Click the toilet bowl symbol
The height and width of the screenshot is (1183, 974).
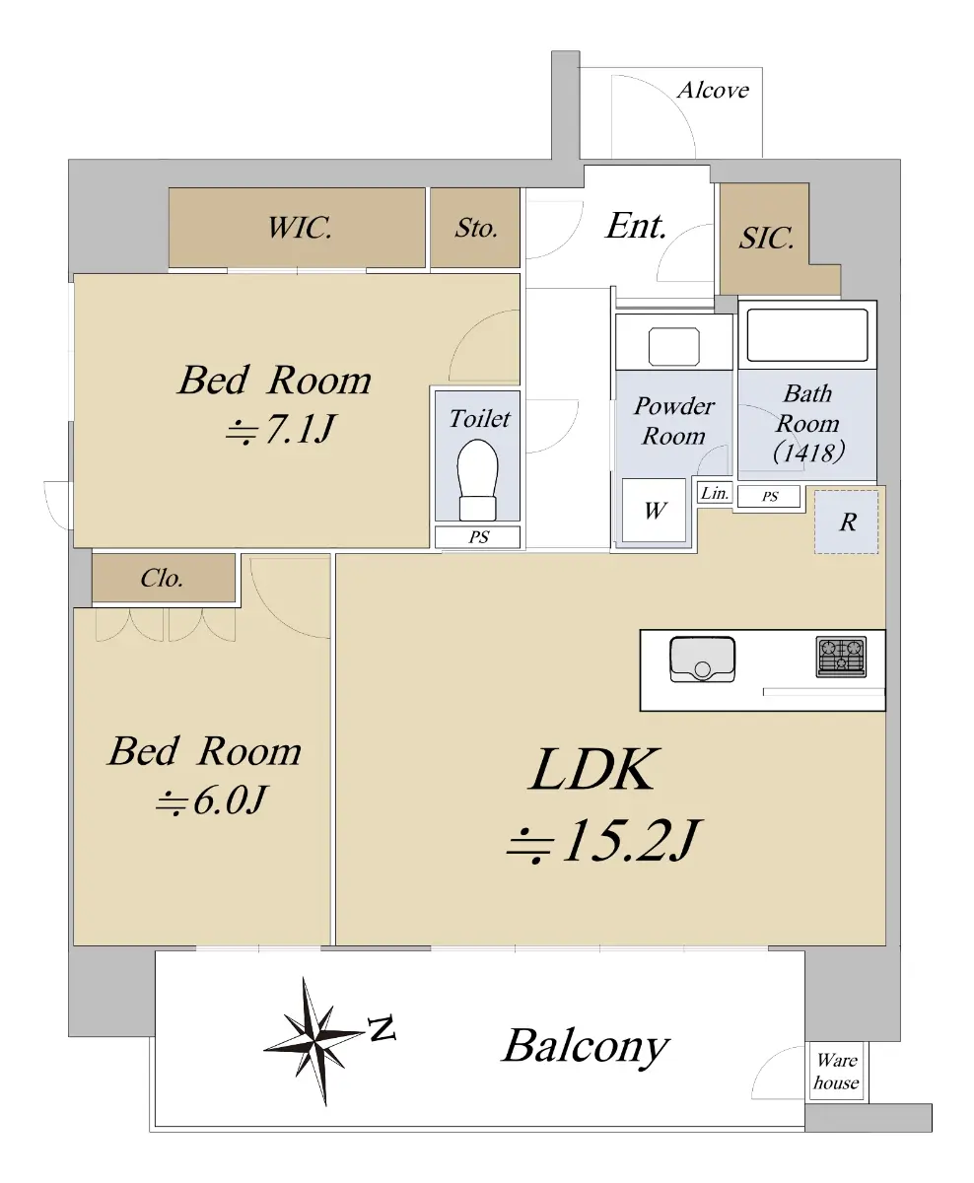point(477,480)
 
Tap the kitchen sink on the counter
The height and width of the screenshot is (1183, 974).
point(702,660)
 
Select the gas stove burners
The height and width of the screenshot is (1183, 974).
point(841,657)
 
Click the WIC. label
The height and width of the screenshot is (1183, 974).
point(299,228)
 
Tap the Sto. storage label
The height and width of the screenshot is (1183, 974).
point(476,228)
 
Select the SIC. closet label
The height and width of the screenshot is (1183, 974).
point(766,238)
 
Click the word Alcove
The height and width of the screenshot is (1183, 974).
point(713,91)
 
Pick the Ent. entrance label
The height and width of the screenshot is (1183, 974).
point(636,226)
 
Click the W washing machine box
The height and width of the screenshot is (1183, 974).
point(655,510)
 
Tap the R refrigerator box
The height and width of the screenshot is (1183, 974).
point(847,522)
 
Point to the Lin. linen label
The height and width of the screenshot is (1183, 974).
point(715,493)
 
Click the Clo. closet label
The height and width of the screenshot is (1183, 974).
point(162,579)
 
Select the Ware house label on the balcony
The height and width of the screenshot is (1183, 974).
point(836,1072)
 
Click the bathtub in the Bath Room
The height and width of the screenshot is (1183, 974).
point(807,335)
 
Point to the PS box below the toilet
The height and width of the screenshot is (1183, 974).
point(477,537)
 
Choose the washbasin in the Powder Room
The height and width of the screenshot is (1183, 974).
point(674,347)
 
